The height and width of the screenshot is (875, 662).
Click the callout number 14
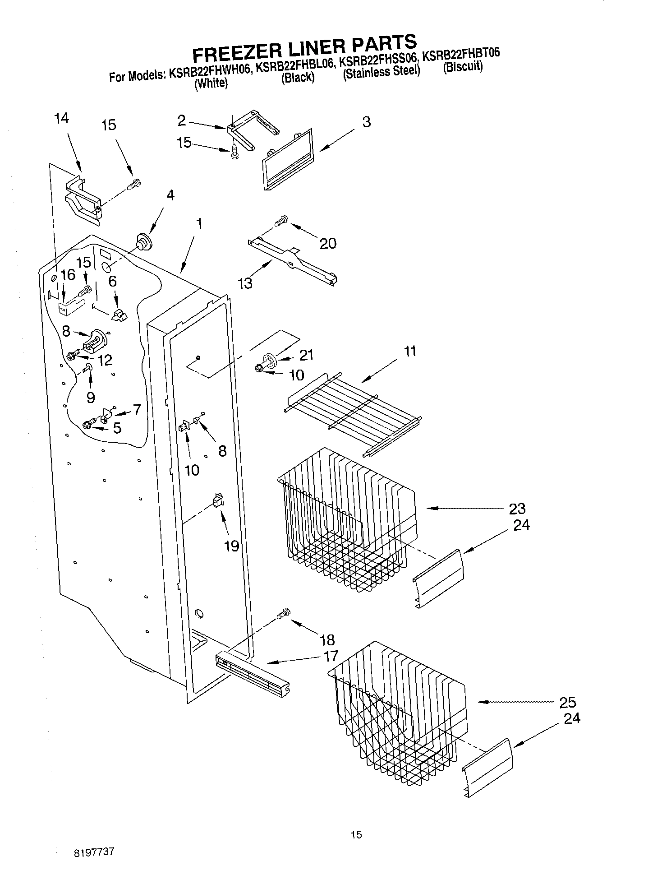[x=61, y=119]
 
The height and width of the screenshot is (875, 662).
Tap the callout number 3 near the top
[x=366, y=122]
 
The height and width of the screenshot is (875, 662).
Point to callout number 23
[x=517, y=509]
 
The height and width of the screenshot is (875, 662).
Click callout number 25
[x=567, y=702]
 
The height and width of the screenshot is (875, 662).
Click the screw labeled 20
[x=281, y=221]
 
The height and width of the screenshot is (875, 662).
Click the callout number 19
[x=231, y=546]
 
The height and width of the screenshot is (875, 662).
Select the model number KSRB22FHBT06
[x=460, y=55]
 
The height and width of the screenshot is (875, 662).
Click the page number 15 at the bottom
[x=356, y=834]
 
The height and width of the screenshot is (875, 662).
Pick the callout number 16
[x=68, y=275]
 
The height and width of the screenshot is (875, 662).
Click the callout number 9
[x=91, y=397]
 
